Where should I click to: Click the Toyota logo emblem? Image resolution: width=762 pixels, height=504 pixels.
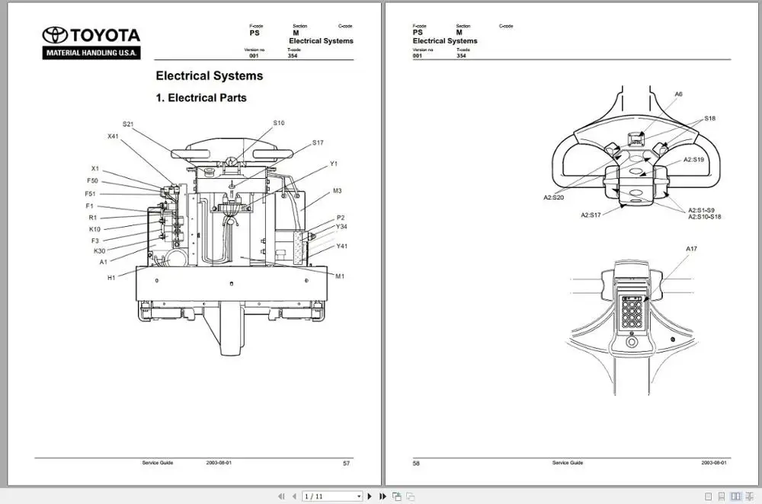[x=55, y=35]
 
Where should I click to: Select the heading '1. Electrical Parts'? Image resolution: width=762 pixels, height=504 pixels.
[x=201, y=97]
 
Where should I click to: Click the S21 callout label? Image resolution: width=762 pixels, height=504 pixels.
[x=128, y=123]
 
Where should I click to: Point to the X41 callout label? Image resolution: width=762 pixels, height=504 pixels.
[x=113, y=136]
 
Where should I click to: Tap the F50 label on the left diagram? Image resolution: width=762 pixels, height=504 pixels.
[x=92, y=181]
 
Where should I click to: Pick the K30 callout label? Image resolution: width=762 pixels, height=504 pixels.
[x=100, y=251]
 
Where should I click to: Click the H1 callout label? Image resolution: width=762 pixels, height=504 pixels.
[x=111, y=278]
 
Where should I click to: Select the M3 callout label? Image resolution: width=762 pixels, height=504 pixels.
[x=337, y=191]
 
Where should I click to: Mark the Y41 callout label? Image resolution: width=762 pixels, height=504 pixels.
[x=342, y=246]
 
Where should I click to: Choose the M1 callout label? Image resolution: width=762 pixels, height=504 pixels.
[x=340, y=276]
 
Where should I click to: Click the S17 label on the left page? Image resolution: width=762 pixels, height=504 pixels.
[x=318, y=143]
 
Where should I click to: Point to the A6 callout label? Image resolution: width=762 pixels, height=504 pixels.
[x=678, y=94]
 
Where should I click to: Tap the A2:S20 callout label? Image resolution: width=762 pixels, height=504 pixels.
[x=553, y=197]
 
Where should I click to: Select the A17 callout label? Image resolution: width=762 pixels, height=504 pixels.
[x=691, y=249]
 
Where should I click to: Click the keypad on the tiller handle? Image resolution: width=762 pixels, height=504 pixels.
[x=632, y=312]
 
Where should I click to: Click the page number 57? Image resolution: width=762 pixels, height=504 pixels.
[x=347, y=463]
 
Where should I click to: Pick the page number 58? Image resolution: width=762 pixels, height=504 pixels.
[x=416, y=463]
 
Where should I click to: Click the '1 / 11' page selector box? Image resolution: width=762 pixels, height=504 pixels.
[x=332, y=496]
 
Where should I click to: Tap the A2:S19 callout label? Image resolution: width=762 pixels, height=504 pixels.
[x=693, y=160]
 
